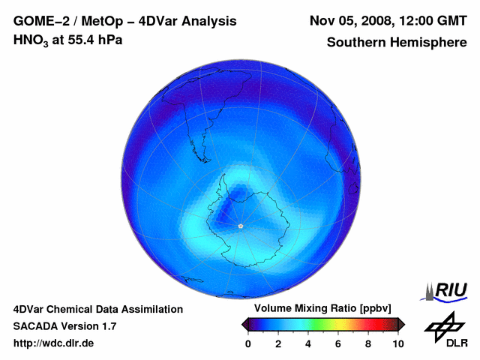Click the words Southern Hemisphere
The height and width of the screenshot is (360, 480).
click(x=397, y=42)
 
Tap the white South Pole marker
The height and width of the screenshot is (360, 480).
click(x=240, y=226)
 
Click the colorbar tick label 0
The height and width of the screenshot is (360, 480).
click(x=248, y=343)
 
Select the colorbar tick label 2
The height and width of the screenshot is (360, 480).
click(x=278, y=343)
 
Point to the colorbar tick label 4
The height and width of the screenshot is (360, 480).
click(x=308, y=343)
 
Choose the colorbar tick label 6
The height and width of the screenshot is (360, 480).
click(x=338, y=343)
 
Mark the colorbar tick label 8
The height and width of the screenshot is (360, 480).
click(x=368, y=343)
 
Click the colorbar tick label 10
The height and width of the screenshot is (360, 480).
click(x=398, y=343)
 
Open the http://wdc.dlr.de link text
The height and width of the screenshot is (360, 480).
click(x=54, y=343)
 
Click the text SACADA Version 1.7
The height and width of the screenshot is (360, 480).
click(x=64, y=326)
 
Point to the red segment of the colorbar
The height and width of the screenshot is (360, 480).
click(x=372, y=324)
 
